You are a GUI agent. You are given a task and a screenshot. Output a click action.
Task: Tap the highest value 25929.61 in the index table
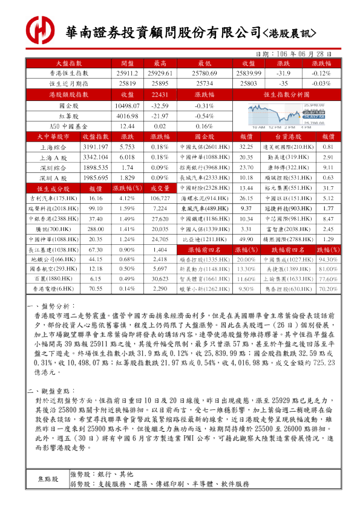coord(160,73)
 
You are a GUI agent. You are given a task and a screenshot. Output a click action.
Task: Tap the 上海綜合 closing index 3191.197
coord(96,147)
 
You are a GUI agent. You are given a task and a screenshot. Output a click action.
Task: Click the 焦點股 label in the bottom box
coord(48,479)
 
